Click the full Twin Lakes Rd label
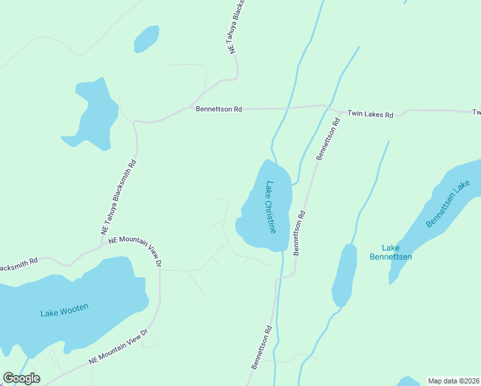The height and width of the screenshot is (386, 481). click(x=370, y=114)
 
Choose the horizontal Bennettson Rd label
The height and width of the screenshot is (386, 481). click(x=219, y=109)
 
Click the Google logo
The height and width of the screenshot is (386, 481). click(x=21, y=378)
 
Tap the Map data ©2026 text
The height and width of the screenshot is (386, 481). click(x=453, y=381)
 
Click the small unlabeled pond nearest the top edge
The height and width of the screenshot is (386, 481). click(x=146, y=39)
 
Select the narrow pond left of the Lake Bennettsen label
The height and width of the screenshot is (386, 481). click(x=344, y=275)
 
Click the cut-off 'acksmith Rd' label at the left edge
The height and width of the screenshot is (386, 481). click(x=19, y=264)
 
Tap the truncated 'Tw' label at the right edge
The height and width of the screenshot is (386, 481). click(x=476, y=112)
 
